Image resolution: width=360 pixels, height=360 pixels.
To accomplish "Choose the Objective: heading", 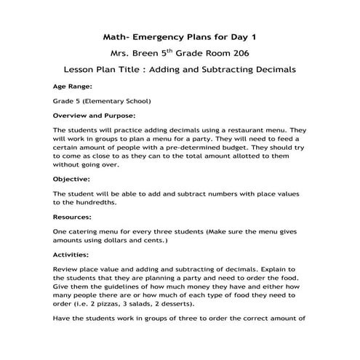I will tap(72, 178).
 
